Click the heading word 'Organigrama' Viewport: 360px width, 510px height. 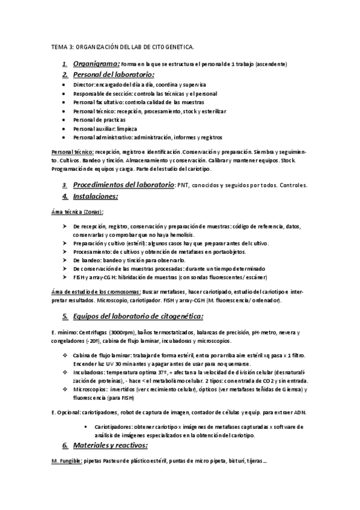tap(96, 63)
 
